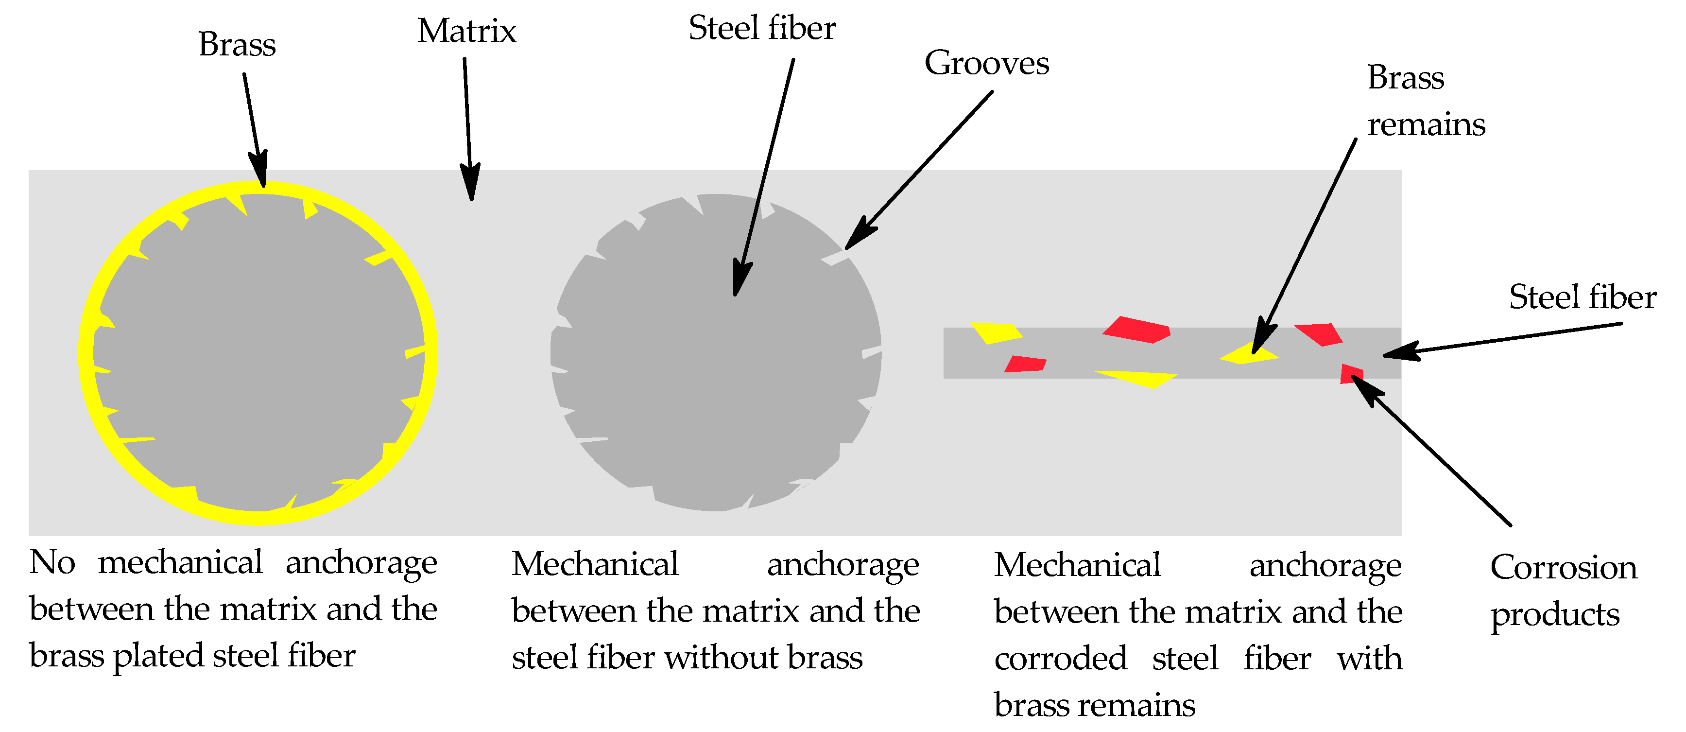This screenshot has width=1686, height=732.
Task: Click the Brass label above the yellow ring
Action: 237,45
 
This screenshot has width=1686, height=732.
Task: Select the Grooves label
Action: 986,64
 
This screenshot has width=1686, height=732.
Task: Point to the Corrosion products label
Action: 1563,591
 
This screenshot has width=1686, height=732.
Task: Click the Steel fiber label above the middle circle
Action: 762,28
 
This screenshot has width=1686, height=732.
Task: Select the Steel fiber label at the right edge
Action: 1583,297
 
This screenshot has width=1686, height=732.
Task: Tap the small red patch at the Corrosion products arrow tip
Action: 1350,373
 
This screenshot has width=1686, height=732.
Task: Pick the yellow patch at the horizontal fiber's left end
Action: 995,332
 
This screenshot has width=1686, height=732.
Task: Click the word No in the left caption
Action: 52,563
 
